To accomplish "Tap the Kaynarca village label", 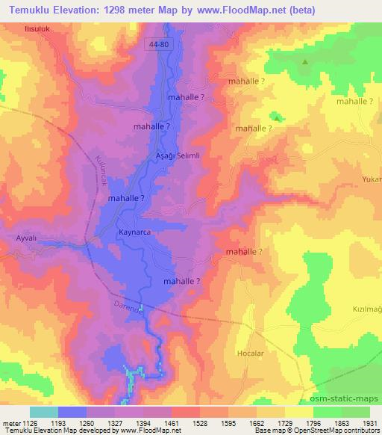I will [136, 232].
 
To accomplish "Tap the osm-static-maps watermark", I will [349, 399].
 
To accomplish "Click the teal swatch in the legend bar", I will [43, 412].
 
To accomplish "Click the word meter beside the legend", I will [10, 423].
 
